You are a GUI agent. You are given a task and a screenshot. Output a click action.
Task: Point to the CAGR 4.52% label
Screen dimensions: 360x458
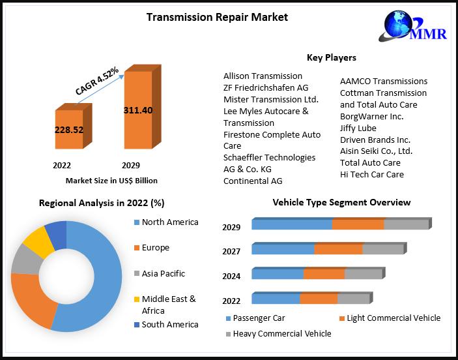96,82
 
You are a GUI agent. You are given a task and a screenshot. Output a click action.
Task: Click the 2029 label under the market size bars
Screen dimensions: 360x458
130,166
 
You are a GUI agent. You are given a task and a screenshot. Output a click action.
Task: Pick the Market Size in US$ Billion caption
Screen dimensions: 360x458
111,181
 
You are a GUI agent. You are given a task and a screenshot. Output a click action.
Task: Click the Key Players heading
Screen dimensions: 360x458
331,57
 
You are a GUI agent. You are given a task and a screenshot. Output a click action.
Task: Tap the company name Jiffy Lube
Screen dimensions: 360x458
358,128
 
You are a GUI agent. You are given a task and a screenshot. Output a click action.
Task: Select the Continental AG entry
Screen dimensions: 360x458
253,181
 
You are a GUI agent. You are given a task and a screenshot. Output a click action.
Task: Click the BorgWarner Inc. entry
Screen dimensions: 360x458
371,116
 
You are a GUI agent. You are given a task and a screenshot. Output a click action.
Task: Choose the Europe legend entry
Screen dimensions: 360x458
155,248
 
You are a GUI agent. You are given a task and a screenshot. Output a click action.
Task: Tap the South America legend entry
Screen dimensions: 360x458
169,324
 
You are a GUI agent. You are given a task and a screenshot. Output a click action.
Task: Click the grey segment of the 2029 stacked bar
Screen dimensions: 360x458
406,224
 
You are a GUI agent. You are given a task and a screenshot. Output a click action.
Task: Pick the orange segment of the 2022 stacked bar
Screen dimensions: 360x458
318,299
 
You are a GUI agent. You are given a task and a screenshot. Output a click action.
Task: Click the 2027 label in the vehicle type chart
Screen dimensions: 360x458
231,251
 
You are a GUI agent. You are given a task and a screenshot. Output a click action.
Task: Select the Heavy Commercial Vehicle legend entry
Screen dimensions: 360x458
281,333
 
